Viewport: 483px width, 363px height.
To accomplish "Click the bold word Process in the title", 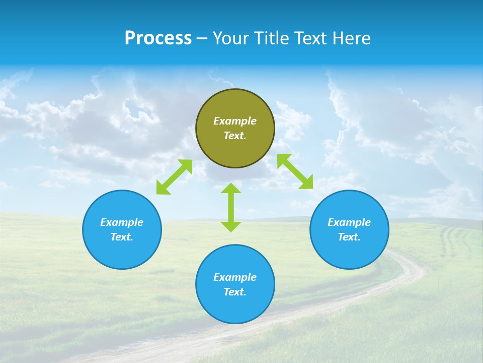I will [158, 38].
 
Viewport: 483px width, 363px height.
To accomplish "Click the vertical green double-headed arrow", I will [231, 207].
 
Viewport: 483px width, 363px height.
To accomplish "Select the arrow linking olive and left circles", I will [174, 177].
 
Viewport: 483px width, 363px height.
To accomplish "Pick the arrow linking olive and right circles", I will [295, 171].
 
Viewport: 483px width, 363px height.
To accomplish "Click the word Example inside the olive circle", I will [235, 121].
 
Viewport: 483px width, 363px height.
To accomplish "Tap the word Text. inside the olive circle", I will [235, 136].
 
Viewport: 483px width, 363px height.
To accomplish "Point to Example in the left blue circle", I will [122, 222].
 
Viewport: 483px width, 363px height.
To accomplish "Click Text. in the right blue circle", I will [349, 237].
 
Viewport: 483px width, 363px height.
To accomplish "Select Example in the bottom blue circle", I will [235, 277].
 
